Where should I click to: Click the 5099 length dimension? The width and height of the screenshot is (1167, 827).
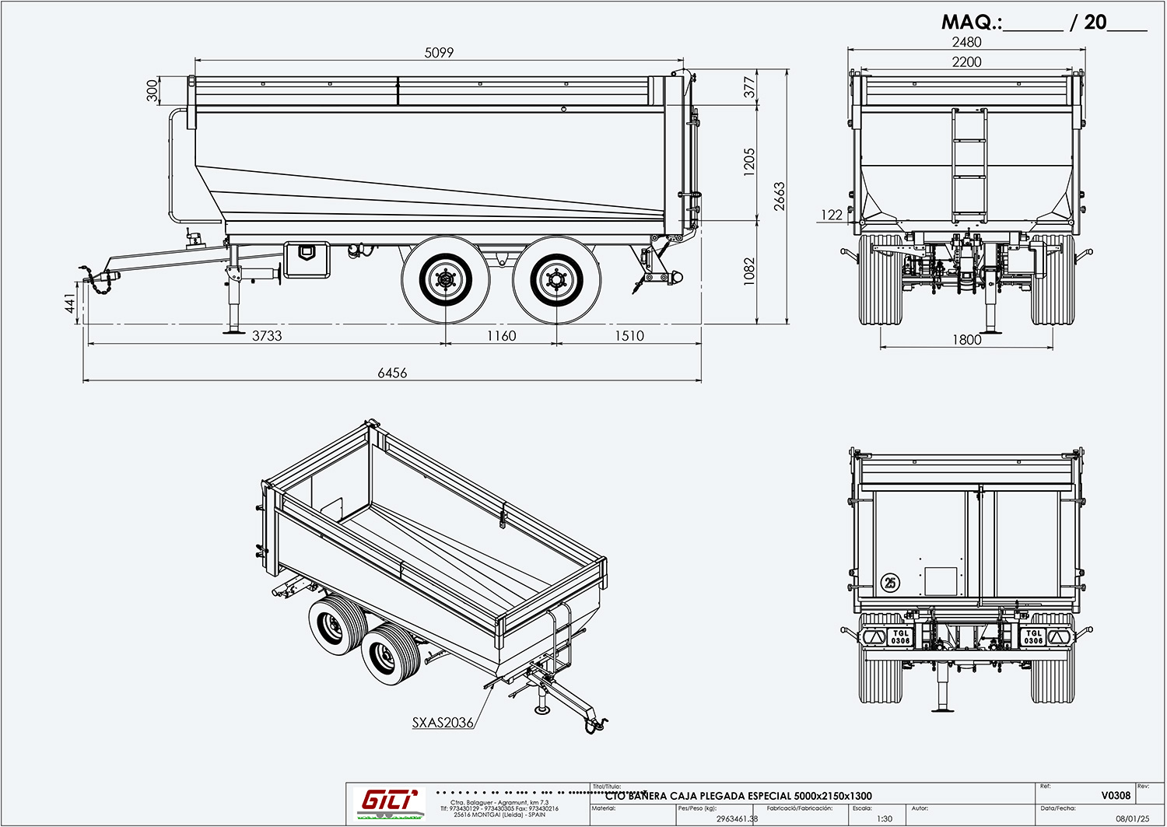439,53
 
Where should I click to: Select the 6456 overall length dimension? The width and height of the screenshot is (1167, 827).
392,373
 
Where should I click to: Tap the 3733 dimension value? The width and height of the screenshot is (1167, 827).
267,336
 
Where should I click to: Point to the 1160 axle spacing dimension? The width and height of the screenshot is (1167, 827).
501,336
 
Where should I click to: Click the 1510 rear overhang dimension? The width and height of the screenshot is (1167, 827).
629,336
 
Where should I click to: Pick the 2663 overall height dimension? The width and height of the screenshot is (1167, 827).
780,197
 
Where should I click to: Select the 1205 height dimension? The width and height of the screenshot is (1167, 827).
749,163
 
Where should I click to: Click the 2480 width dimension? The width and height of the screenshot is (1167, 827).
966,42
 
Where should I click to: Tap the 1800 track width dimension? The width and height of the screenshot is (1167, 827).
966,340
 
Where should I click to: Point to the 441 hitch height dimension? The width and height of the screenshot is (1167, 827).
71,304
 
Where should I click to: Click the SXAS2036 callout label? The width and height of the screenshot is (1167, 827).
443,723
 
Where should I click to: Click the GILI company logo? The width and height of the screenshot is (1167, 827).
389,801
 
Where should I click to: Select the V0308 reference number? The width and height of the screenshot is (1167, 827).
1116,795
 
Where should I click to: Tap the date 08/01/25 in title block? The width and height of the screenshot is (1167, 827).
1132,818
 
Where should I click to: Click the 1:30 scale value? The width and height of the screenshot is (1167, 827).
885,818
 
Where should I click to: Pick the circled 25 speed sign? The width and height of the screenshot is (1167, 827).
890,582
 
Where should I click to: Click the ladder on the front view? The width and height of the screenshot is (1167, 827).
969,166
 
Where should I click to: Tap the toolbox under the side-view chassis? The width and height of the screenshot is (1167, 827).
307,259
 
